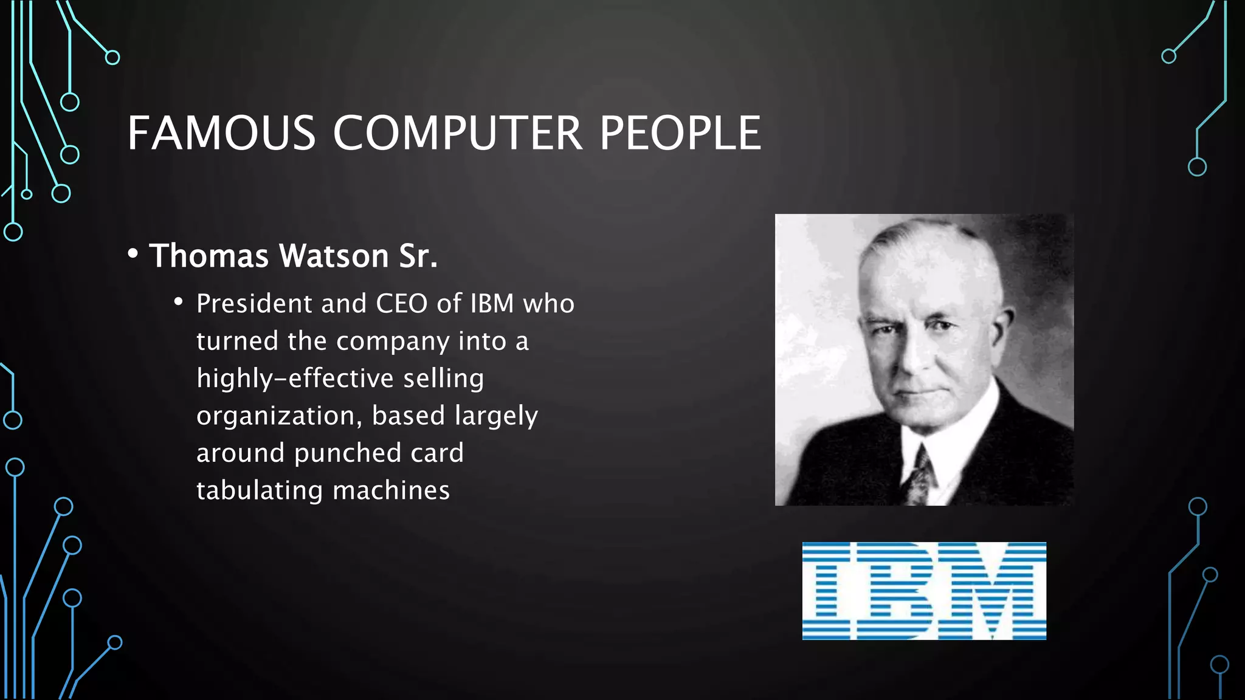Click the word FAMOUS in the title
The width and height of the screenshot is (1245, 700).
click(x=221, y=133)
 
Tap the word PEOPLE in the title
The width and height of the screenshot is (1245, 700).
click(x=680, y=133)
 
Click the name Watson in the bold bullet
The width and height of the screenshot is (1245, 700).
click(x=334, y=256)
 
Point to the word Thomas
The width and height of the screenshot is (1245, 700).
click(x=209, y=256)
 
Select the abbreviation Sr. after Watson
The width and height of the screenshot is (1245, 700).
click(x=418, y=256)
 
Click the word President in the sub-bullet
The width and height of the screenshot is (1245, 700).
click(x=254, y=303)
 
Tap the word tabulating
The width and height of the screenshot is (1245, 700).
click(x=259, y=490)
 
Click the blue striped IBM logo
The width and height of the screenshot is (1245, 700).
click(x=924, y=591)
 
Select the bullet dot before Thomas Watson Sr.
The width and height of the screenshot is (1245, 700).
click(x=133, y=254)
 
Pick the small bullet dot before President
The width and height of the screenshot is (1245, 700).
click(x=178, y=302)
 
